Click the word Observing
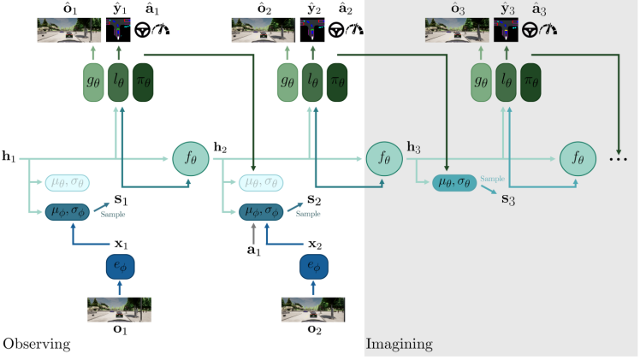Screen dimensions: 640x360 pos(37,345)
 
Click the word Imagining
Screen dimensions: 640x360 pos(400,345)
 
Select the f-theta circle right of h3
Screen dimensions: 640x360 pos(578,158)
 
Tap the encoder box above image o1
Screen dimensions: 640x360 pos(120,267)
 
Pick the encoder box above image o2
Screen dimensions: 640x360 pos(313,267)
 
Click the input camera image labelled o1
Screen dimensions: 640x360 pos(119,310)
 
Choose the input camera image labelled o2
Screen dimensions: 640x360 pos(313,310)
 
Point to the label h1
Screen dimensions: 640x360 pos(9,156)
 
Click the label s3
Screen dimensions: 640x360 pos(508,199)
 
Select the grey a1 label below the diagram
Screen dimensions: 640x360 pos(253,250)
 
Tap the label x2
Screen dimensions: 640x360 pos(315,245)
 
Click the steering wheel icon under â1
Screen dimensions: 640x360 pos(142,30)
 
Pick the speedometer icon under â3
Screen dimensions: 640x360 pos(548,29)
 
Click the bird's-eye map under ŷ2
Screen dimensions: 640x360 pos(312,30)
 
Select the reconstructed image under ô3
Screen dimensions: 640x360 pos(457,30)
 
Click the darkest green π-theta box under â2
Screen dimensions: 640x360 pos(337,82)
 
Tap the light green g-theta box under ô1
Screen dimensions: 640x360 pos(93,82)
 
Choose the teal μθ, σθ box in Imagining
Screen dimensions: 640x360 pos(454,183)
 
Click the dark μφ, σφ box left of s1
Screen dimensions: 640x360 pos(68,212)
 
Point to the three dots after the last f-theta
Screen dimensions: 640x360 pos(619,159)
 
